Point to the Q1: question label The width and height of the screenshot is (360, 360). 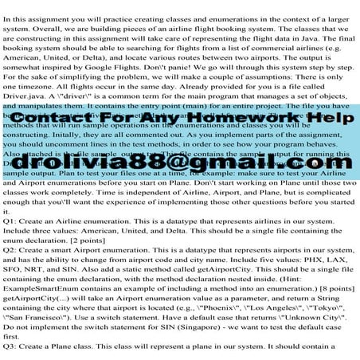click(x=14, y=217)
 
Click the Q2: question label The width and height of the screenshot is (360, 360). click(x=14, y=248)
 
